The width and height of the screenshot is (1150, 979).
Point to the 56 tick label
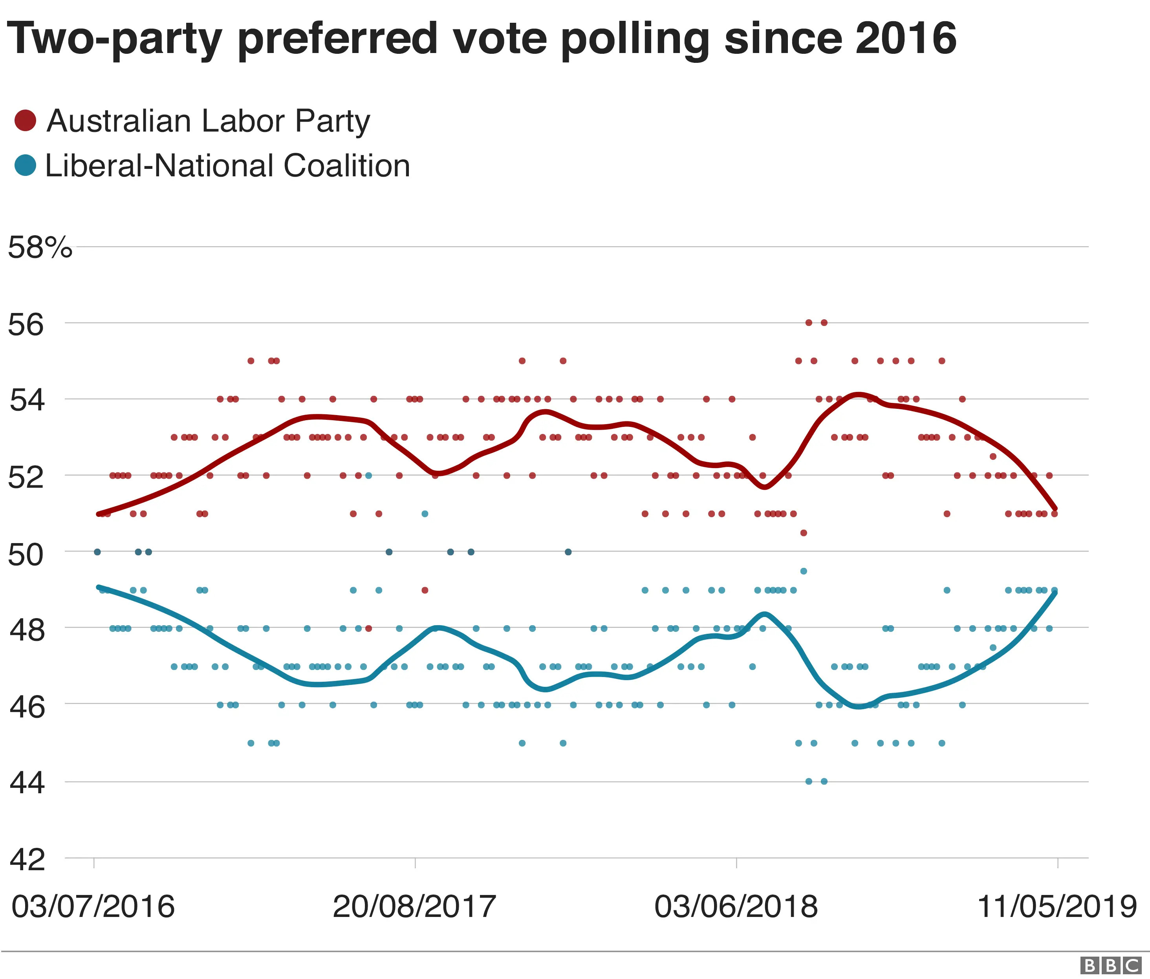coord(26,325)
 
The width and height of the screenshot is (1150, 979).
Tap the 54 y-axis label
coord(26,401)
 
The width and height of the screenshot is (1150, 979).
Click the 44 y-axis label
coord(26,784)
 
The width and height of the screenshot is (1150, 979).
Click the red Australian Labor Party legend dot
coord(25,121)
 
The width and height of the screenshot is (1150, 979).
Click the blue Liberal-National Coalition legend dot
coord(25,165)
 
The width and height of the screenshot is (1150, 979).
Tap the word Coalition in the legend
coord(347,166)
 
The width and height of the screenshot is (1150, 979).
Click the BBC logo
coord(1111,965)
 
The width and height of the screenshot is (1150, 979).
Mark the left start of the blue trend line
coord(98,587)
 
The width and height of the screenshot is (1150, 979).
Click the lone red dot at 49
coord(425,590)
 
